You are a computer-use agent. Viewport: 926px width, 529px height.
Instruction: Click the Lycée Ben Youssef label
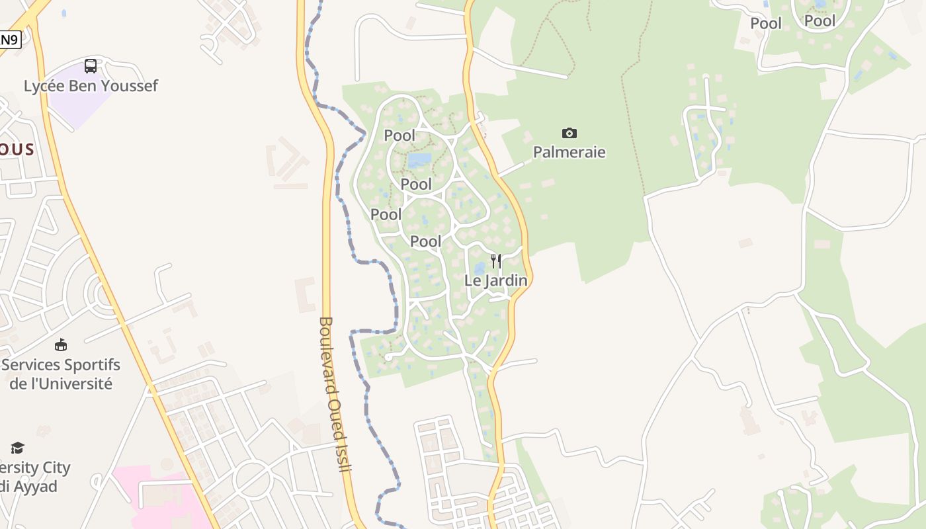click(91, 86)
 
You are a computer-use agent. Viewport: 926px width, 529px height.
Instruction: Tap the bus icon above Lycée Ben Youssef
click(91, 66)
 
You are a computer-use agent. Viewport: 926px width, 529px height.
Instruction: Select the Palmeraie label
click(569, 152)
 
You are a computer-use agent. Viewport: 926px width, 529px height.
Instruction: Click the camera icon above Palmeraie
click(569, 133)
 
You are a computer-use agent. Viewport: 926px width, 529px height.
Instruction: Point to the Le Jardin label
click(495, 280)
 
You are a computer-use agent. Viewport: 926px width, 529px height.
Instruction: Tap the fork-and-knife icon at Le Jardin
click(495, 261)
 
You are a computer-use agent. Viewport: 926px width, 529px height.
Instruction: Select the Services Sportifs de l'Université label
click(61, 374)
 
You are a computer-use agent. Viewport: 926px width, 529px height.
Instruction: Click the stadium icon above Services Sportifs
click(61, 345)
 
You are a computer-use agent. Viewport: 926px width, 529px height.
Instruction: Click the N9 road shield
click(10, 40)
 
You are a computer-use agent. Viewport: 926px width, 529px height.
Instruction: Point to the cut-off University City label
click(33, 477)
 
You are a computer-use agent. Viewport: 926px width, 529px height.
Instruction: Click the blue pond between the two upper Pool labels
click(419, 159)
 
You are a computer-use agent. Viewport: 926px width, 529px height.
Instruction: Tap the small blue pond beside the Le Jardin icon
click(480, 269)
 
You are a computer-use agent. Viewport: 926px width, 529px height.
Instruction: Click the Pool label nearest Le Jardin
click(425, 241)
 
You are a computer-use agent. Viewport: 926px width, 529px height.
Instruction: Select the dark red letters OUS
click(17, 149)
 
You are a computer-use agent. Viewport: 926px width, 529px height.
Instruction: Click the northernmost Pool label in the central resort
click(400, 136)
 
